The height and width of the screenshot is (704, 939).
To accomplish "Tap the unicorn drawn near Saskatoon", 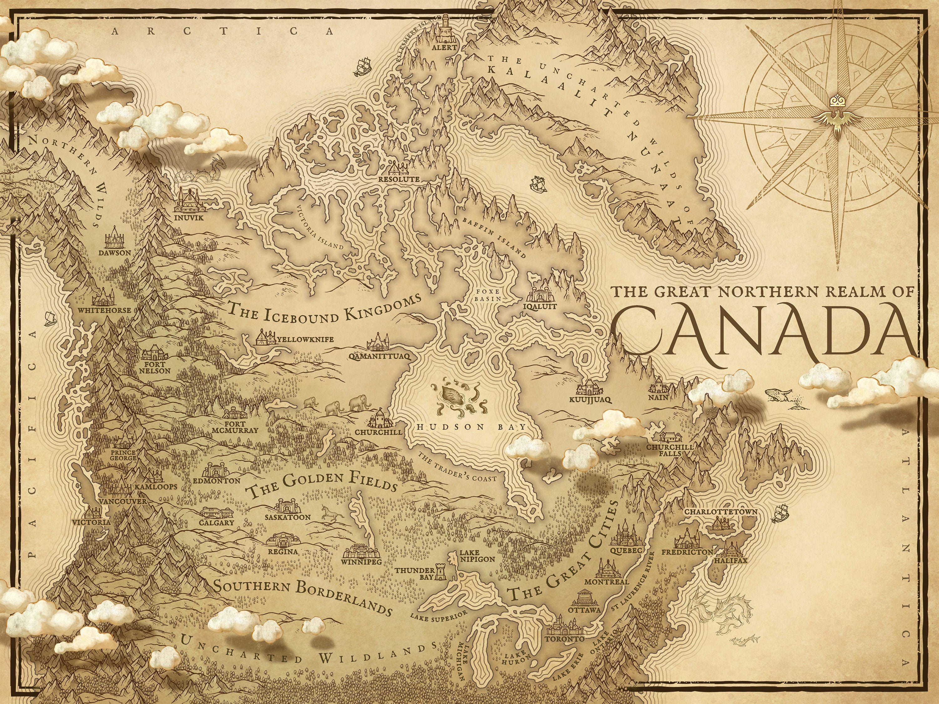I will tap(330, 515).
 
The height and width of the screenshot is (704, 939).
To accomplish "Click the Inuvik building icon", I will tap(190, 201).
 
